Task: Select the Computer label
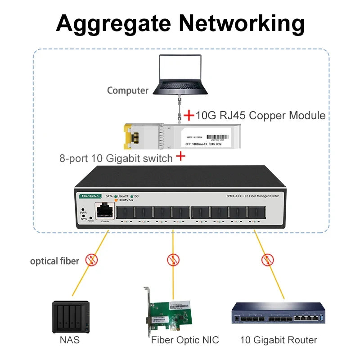click(x=127, y=90)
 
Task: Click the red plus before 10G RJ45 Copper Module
click(x=189, y=115)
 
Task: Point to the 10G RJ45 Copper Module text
click(x=261, y=116)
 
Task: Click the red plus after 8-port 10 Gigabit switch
click(x=180, y=156)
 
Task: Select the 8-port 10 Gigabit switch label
click(x=116, y=158)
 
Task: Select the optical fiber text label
click(x=54, y=261)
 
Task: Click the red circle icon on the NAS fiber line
click(x=92, y=260)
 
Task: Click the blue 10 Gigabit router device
click(x=278, y=314)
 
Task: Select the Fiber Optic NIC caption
click(x=185, y=340)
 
